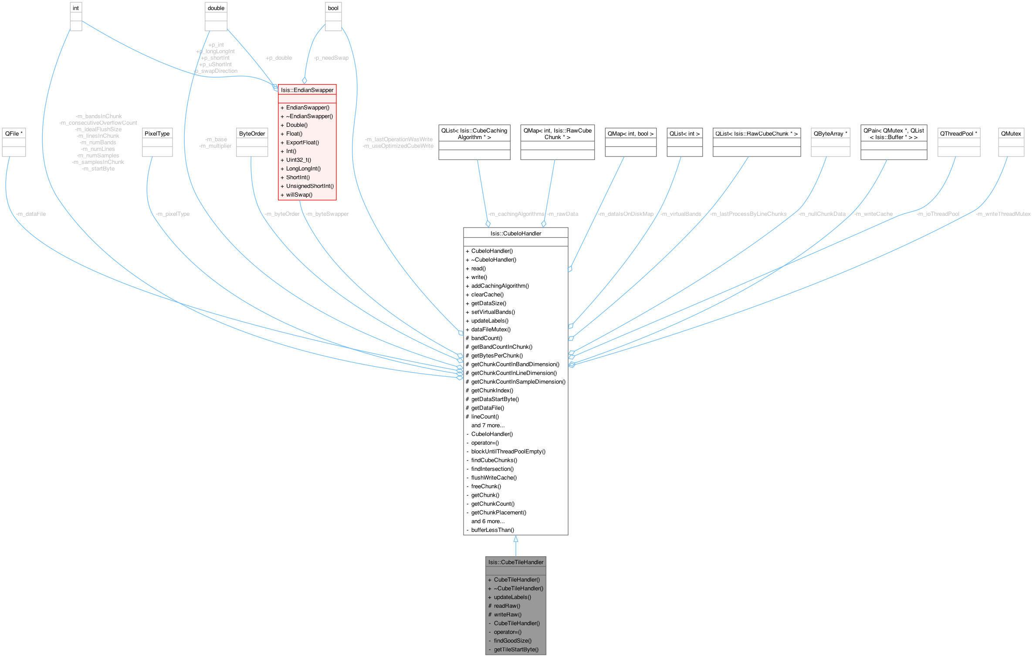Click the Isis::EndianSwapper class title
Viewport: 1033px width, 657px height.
coord(307,90)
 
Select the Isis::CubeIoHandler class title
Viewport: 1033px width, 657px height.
coord(515,233)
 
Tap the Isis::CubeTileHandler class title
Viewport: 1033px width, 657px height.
coord(515,562)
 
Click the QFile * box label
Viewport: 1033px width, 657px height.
coord(14,133)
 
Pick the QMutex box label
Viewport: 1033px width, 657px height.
coord(1011,133)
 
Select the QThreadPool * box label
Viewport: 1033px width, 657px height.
coord(958,133)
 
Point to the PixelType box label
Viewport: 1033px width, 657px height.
coord(157,133)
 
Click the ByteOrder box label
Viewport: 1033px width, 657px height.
coord(252,133)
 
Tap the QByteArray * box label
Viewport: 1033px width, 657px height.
coord(830,133)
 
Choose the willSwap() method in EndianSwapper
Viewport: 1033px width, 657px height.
coord(299,194)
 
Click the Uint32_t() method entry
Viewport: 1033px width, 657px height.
coord(298,160)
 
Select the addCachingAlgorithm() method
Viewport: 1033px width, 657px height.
coord(500,286)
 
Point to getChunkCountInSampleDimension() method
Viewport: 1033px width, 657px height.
coord(518,381)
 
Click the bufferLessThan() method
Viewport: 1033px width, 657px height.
coord(492,530)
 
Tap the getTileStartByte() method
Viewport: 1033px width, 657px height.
coord(516,649)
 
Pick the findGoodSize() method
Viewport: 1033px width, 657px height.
coord(512,640)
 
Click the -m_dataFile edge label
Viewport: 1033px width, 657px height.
coord(30,214)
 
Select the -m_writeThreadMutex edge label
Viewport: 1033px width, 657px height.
coord(1003,214)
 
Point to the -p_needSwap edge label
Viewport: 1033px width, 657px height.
coord(331,58)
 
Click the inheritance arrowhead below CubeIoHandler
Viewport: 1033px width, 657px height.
coord(515,539)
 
